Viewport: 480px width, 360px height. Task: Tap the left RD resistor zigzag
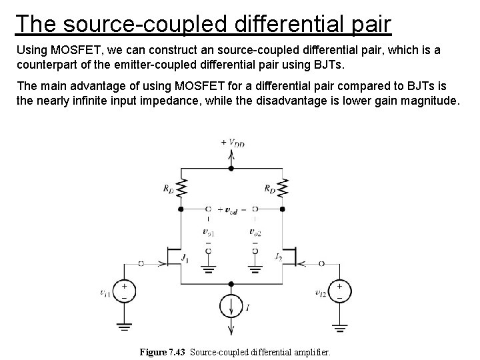181,189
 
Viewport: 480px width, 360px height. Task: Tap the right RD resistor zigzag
283,189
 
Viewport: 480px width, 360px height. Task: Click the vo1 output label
208,232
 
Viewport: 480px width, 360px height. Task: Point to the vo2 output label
255,232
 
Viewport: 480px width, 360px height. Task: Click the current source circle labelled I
231,307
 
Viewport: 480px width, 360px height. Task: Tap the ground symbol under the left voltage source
125,327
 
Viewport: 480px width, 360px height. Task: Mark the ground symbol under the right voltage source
339,327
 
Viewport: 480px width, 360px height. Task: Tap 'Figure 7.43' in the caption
163,351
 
